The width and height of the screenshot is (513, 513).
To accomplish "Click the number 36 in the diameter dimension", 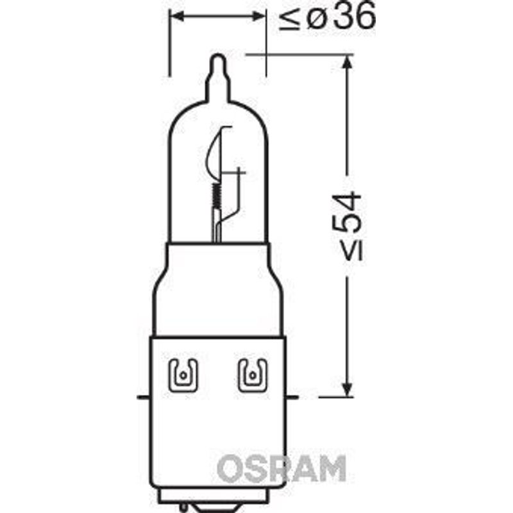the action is coord(355,16).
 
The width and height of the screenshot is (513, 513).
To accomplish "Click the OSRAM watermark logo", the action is coord(282,468).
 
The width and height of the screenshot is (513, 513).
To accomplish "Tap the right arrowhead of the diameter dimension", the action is coord(258,16).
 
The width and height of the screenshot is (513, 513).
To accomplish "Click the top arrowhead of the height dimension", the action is coord(348,62).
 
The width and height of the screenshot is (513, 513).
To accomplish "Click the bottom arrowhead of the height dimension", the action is coord(348,390).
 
